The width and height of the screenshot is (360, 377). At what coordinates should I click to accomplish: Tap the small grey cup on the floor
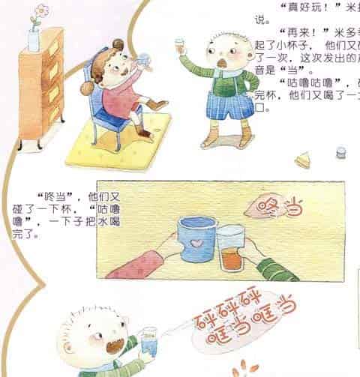point(341,154)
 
